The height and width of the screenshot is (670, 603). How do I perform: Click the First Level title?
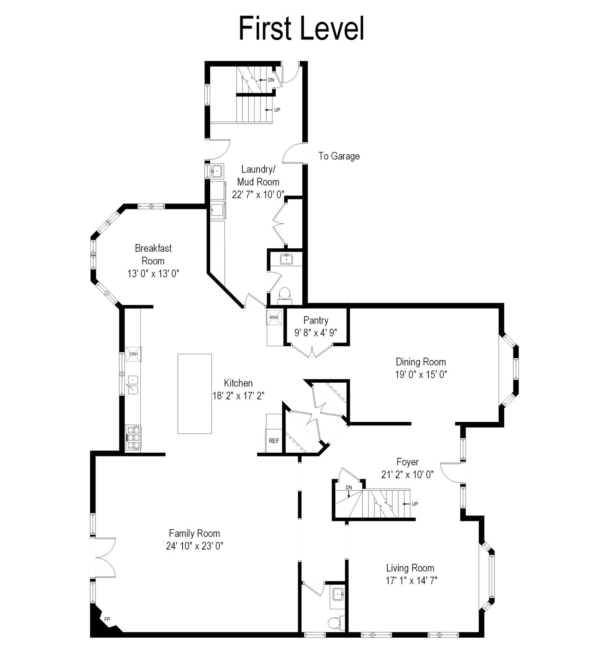pos(301,28)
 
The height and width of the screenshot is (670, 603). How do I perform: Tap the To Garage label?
pos(339,156)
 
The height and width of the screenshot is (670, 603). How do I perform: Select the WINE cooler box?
pos(274,317)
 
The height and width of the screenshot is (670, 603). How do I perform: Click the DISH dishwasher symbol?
pos(133,354)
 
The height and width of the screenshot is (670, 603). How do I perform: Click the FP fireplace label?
pos(107,619)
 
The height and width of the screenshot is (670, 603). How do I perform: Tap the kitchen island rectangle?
pos(195,394)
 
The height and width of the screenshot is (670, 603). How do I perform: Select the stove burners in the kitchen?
pos(134,438)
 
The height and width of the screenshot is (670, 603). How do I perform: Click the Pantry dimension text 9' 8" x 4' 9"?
pos(316,332)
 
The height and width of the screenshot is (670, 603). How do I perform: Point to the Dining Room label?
pos(421,362)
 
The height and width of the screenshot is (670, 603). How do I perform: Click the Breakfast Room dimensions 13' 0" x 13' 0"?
pos(153,274)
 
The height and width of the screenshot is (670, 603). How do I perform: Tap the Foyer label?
pos(407,462)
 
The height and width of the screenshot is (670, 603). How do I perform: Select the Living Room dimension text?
pos(412,581)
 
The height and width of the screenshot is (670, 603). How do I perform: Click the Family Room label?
pos(194,533)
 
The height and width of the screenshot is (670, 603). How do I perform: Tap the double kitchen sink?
pos(133,385)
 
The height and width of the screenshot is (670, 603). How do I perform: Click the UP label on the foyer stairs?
pos(415,504)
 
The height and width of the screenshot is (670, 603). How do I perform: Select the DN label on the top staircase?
pos(271,80)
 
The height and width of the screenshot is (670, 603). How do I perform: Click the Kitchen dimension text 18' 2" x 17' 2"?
pos(238,396)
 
